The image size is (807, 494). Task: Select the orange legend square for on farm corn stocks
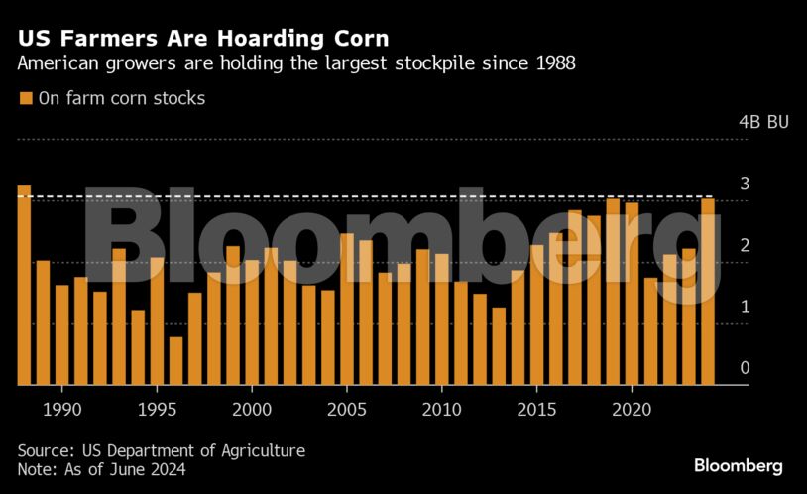[x=26, y=98]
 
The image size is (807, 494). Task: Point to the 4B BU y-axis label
[x=763, y=123]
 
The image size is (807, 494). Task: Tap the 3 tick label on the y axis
[x=744, y=185]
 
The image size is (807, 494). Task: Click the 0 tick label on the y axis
[x=744, y=368]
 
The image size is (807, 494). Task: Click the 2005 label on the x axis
[x=347, y=408]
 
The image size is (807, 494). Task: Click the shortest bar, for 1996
[x=175, y=361]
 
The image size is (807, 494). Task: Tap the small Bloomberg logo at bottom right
[x=738, y=465]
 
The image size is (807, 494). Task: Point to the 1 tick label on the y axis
[x=744, y=307]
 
